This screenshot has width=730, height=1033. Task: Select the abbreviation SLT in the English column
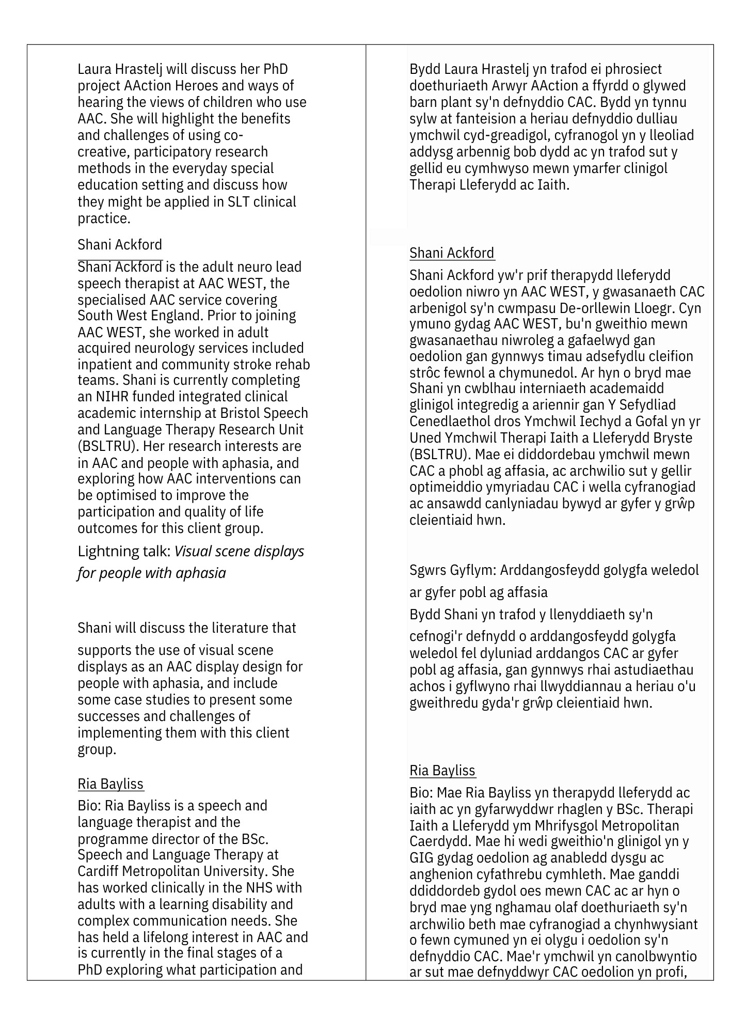pyautogui.click(x=240, y=201)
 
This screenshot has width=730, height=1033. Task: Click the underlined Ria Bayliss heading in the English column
pyautogui.click(x=110, y=784)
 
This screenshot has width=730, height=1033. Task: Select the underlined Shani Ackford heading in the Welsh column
pyautogui.click(x=452, y=253)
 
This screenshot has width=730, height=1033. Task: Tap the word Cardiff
pyautogui.click(x=98, y=871)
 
